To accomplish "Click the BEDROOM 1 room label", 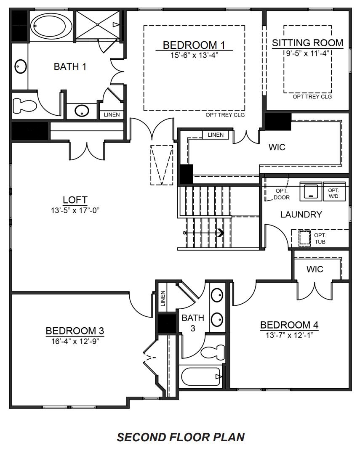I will pyautogui.click(x=194, y=45).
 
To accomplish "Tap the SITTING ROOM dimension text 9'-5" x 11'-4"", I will pyautogui.click(x=307, y=53).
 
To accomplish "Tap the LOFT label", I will pyautogui.click(x=75, y=199).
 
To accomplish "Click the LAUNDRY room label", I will pyautogui.click(x=301, y=215).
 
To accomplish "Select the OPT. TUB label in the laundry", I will pyautogui.click(x=320, y=239).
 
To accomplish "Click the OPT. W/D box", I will pyautogui.click(x=333, y=193).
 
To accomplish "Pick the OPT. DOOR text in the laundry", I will pyautogui.click(x=282, y=194).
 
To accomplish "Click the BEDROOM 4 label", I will pyautogui.click(x=289, y=325).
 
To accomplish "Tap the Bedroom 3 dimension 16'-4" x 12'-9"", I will pyautogui.click(x=75, y=341).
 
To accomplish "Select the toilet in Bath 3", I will pyautogui.click(x=213, y=352).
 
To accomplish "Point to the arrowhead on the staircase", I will pyautogui.click(x=220, y=232).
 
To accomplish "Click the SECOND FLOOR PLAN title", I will pyautogui.click(x=181, y=437).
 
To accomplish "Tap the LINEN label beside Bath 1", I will pyautogui.click(x=111, y=115).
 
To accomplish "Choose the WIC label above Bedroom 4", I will pyautogui.click(x=315, y=269).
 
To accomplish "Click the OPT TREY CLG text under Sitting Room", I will pyautogui.click(x=312, y=97).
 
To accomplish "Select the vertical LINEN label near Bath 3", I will pyautogui.click(x=163, y=298).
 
